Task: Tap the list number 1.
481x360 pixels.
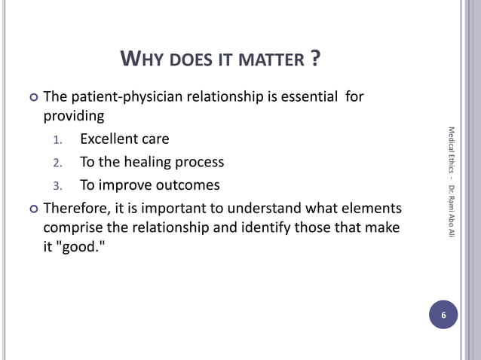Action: click(x=60, y=140)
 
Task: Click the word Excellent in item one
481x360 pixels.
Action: click(x=110, y=139)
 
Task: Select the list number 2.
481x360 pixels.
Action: click(x=60, y=163)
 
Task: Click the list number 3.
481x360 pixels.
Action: click(x=60, y=186)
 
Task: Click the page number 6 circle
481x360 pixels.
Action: click(x=443, y=315)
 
